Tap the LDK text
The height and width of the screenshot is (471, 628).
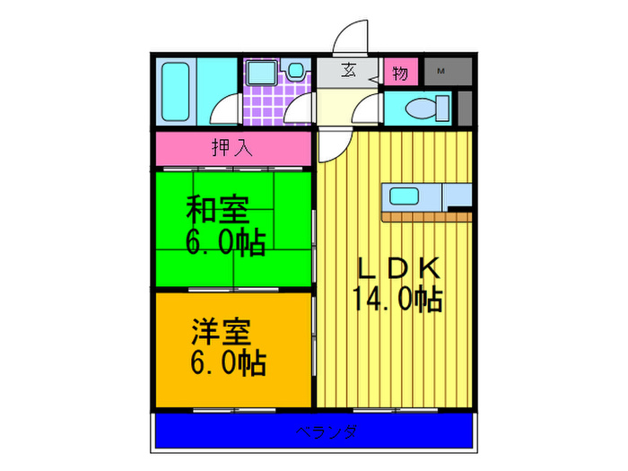398,268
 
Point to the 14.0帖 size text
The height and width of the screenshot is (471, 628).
398,299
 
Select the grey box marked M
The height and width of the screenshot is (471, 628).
440,71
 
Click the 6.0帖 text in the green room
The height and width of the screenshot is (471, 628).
225,241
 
